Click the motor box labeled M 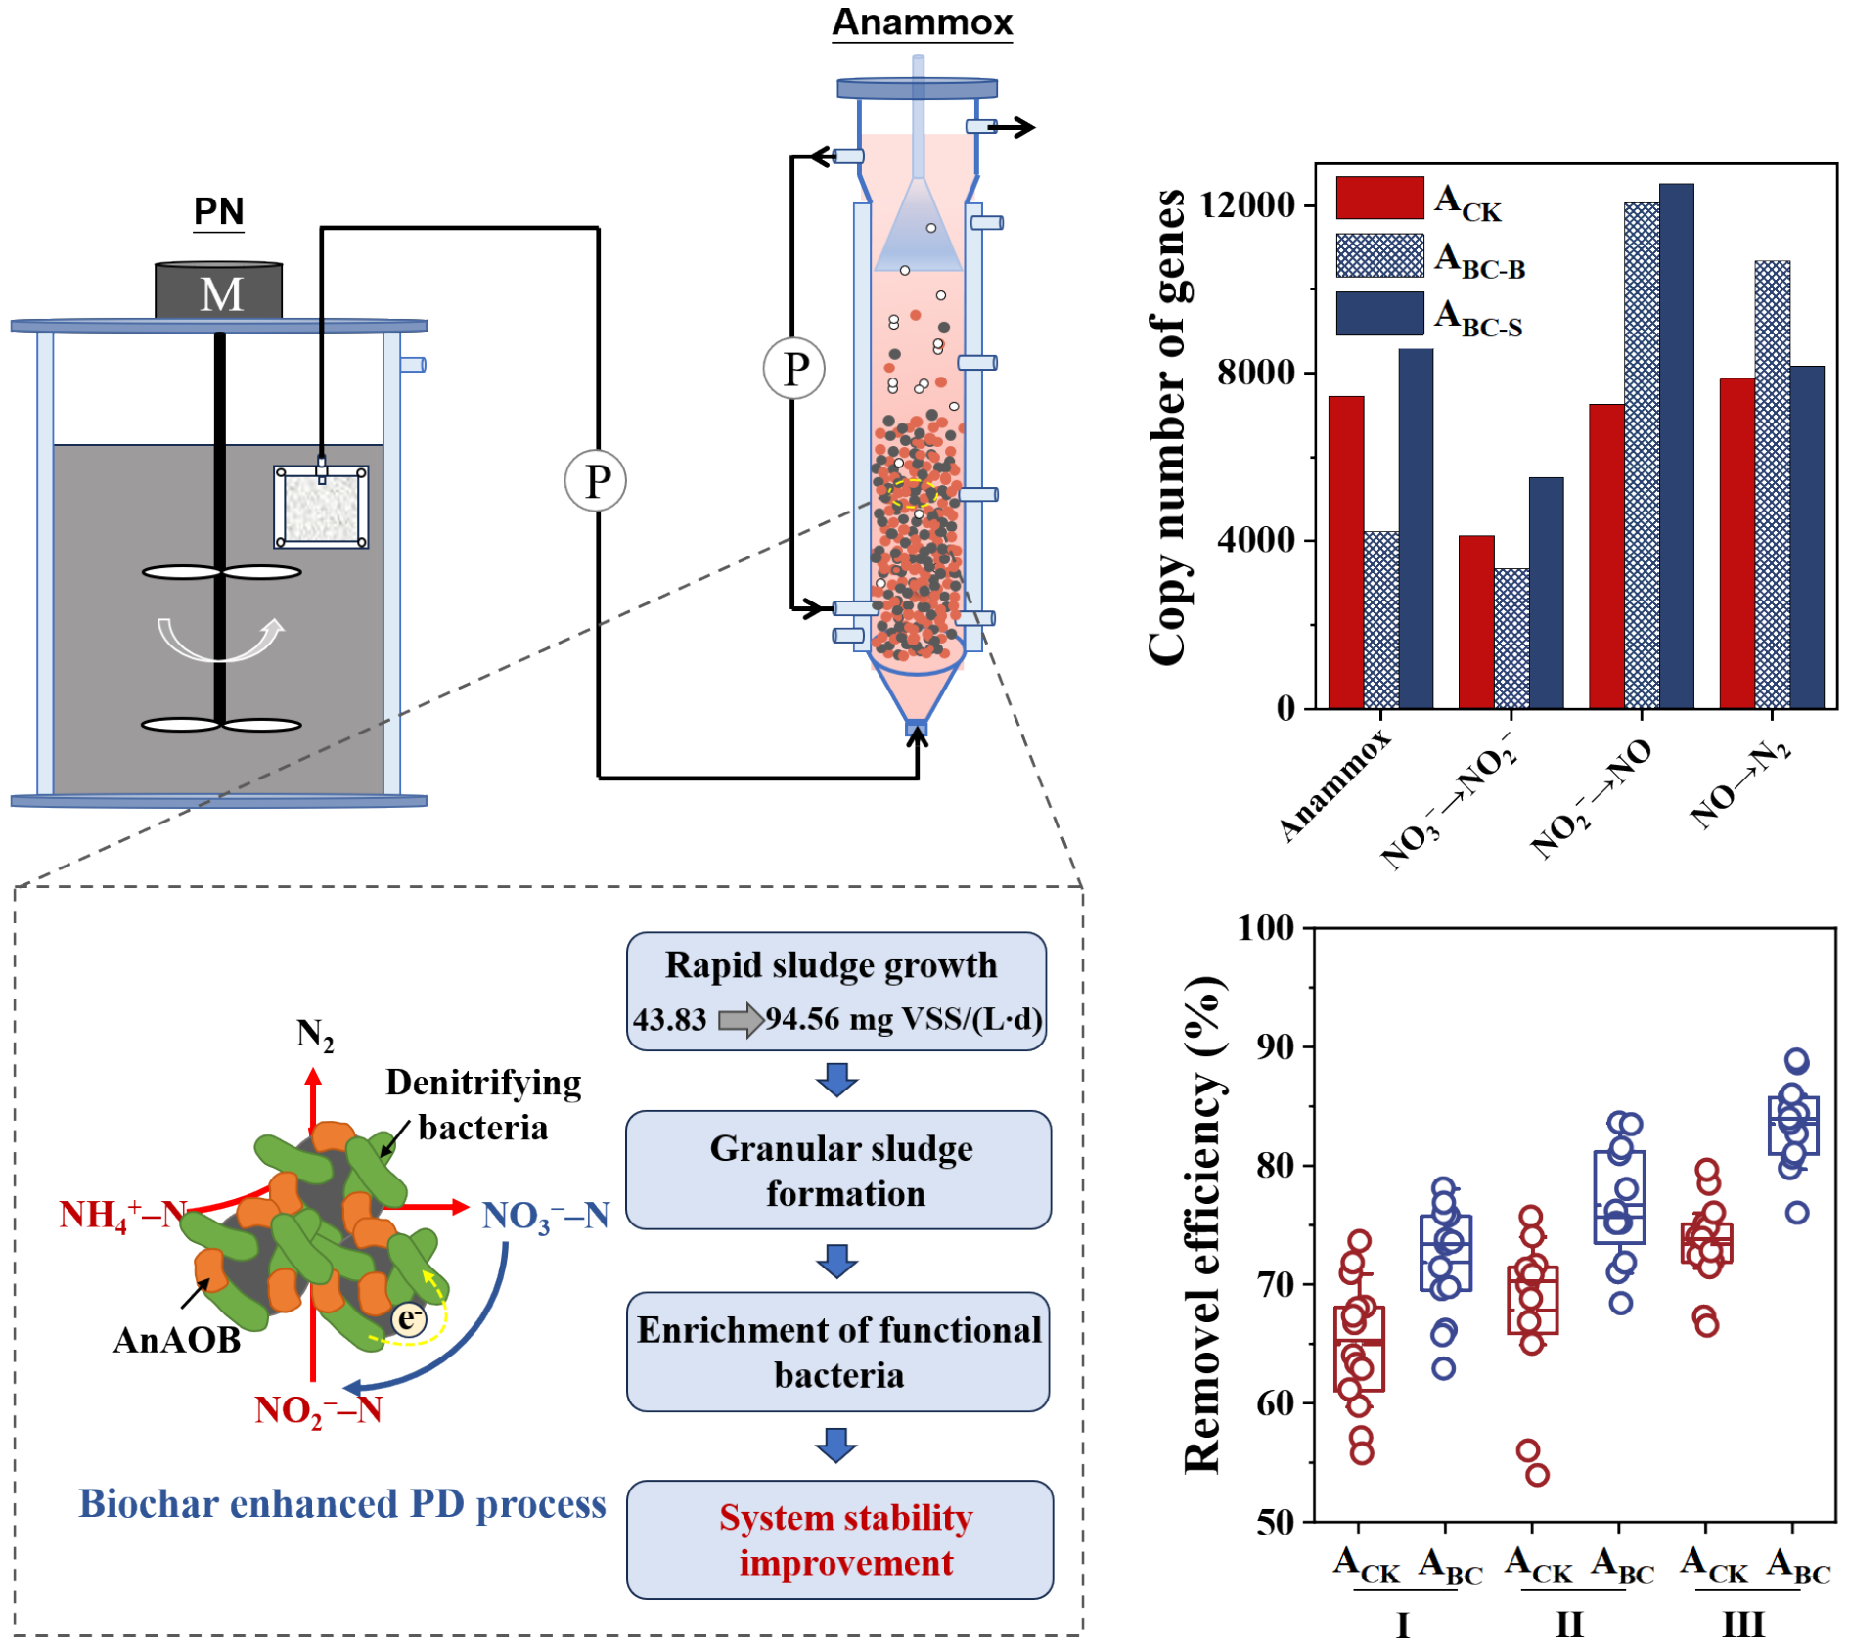pyautogui.click(x=219, y=291)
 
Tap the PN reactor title pyautogui.click(x=218, y=211)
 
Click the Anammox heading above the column pyautogui.click(x=922, y=22)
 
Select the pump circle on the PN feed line pyautogui.click(x=595, y=480)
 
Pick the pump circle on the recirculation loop pyautogui.click(x=793, y=369)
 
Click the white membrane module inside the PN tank pyautogui.click(x=321, y=508)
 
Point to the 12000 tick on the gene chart pyautogui.click(x=1247, y=204)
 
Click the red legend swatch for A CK pyautogui.click(x=1378, y=198)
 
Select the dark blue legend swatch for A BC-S pyautogui.click(x=1378, y=314)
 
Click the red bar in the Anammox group pyautogui.click(x=1345, y=552)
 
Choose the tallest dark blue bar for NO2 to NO pyautogui.click(x=1675, y=446)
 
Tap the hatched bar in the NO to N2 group pyautogui.click(x=1771, y=484)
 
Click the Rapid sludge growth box pyautogui.click(x=836, y=991)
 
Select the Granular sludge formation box pyautogui.click(x=838, y=1170)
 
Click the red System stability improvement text pyautogui.click(x=845, y=1539)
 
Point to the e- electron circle pyautogui.click(x=409, y=1318)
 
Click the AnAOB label pyautogui.click(x=177, y=1339)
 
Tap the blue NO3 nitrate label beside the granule pyautogui.click(x=545, y=1216)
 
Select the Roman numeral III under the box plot pyautogui.click(x=1742, y=1624)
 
